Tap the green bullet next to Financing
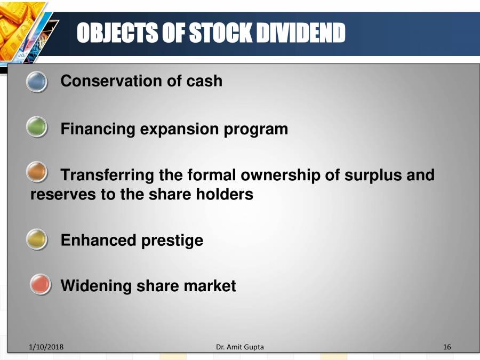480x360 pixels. [37, 128]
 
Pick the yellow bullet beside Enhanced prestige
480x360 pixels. [37, 239]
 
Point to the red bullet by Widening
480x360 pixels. [41, 285]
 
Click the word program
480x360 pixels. [258, 129]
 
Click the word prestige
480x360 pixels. [172, 240]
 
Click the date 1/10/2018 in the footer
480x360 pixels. [46, 347]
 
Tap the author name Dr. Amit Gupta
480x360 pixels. [240, 347]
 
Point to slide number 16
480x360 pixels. [447, 347]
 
